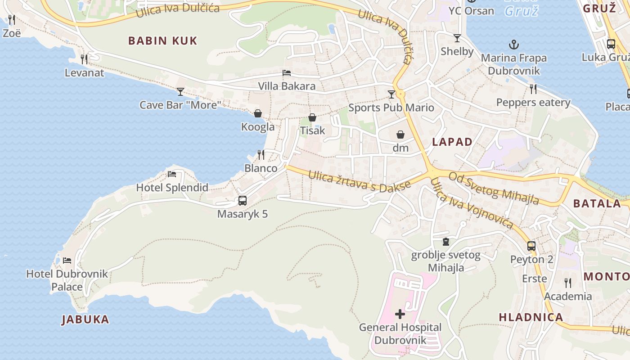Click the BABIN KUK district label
tap(162, 41)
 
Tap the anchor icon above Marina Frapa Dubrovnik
tap(513, 45)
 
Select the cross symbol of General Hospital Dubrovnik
tap(400, 314)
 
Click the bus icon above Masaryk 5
tap(243, 201)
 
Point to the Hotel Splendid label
tap(172, 188)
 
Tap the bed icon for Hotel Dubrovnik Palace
tap(67, 260)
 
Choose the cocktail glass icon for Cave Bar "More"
tap(180, 92)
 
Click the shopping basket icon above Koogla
tap(258, 113)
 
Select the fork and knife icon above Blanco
tap(261, 155)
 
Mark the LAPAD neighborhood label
tap(452, 142)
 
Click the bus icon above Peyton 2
tap(531, 246)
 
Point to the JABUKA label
tap(85, 319)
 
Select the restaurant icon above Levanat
tap(84, 59)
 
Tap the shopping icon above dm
tap(400, 135)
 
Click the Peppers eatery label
tap(533, 103)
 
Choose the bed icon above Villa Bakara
tap(287, 73)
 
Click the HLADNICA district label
tap(531, 317)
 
